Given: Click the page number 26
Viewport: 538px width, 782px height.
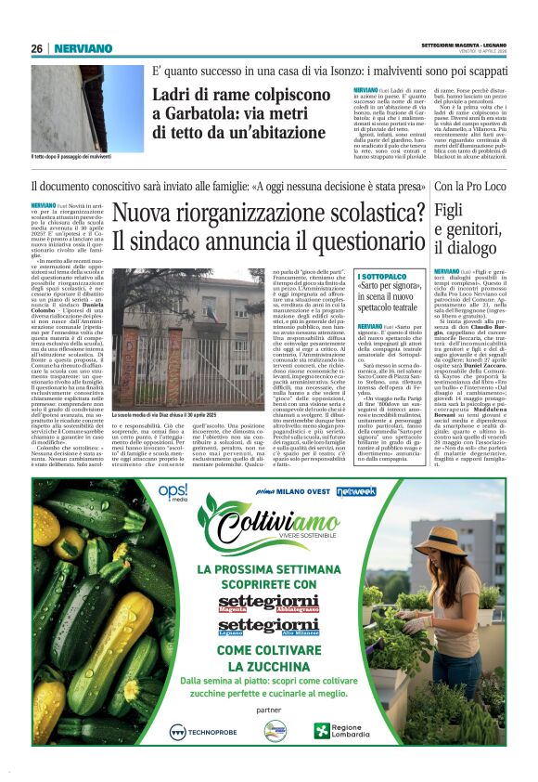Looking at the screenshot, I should coord(36,48).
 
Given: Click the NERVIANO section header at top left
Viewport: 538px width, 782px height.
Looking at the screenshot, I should coord(83,48).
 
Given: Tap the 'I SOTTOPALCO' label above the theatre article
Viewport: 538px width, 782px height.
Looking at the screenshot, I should coord(382,277).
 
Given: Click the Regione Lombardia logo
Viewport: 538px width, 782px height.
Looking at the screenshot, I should coord(345,731).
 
